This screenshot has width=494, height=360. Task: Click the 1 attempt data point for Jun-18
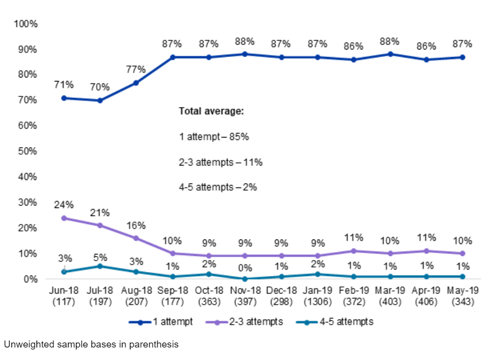point(64,98)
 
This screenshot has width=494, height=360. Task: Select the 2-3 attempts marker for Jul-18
point(100,225)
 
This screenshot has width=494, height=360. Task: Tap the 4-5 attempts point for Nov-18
point(245,279)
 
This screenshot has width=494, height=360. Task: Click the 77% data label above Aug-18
point(136,69)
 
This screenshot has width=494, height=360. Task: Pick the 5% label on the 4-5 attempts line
point(100,258)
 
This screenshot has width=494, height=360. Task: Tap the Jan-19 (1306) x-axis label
point(317,294)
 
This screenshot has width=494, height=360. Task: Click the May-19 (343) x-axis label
point(462,294)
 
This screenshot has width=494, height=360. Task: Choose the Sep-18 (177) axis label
point(172,294)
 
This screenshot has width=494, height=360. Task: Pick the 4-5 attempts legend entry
point(334,322)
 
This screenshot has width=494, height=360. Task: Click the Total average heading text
point(211,111)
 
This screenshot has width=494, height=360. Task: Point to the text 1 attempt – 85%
point(213,136)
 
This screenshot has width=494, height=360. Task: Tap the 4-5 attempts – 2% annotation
point(217,187)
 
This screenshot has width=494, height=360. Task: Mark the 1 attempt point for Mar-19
point(390,54)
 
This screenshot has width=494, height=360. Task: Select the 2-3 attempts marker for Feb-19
point(354,251)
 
